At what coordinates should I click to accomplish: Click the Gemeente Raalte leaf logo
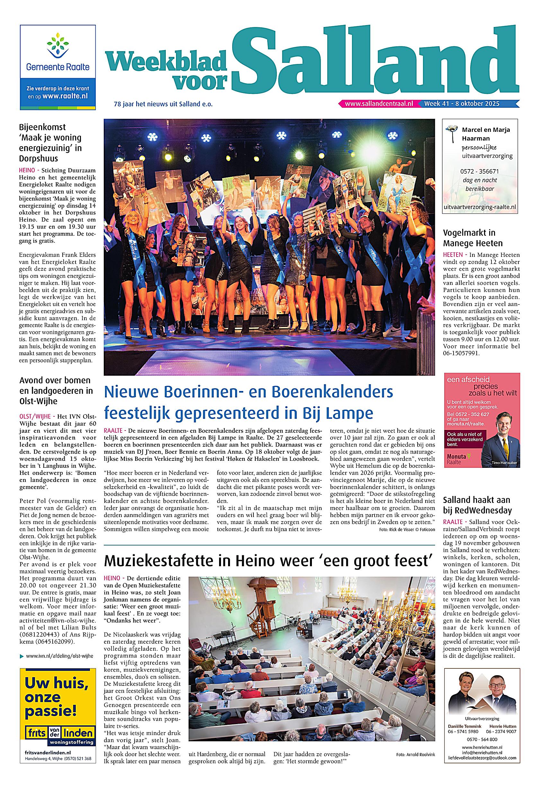coord(57,47)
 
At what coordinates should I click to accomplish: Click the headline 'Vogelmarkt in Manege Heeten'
coord(473,238)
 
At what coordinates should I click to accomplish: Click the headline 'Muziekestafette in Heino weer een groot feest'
coord(269,560)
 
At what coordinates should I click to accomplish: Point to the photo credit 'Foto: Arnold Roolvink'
coord(415,743)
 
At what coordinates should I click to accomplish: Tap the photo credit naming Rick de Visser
coord(407,530)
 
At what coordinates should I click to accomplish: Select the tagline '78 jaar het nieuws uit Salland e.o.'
coord(163,104)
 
